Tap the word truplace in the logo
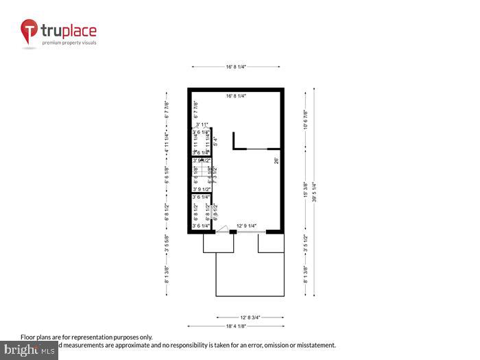69,31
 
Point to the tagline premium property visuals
69,43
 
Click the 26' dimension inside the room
276,161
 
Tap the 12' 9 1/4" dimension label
246,226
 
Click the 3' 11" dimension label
202,125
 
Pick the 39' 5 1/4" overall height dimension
313,191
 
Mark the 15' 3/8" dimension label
305,190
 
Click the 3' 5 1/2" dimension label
305,244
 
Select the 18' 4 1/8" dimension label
237,326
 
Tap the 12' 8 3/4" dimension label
250,317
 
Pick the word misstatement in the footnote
312,345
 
